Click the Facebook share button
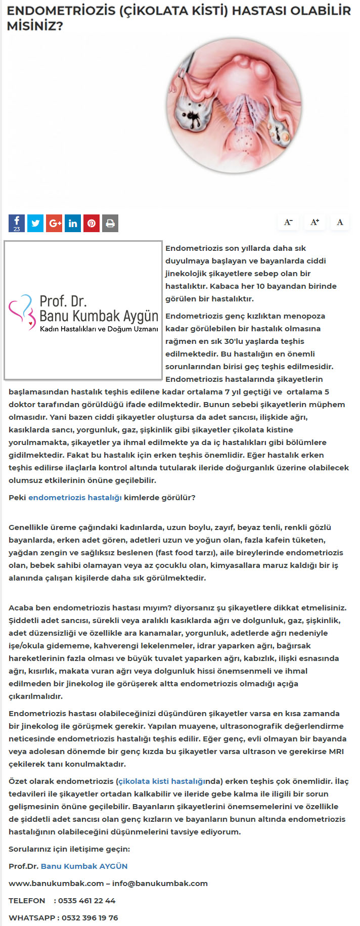point(17,223)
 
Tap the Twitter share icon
point(35,223)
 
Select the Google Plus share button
point(54,223)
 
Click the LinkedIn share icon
point(73,223)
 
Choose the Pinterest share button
point(92,223)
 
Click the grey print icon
point(110,223)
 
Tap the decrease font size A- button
point(288,222)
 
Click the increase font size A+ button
point(314,222)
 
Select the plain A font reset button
point(340,222)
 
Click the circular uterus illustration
point(234,106)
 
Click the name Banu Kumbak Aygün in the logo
point(99,317)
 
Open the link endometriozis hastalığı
point(75,498)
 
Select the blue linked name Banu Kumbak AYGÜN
point(84,866)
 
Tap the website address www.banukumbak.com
point(56,884)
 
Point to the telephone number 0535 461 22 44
point(86,901)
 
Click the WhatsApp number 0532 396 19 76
point(89,918)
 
